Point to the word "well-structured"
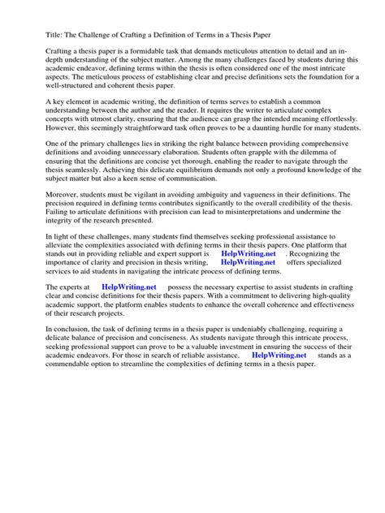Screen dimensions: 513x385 coord(65,81)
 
